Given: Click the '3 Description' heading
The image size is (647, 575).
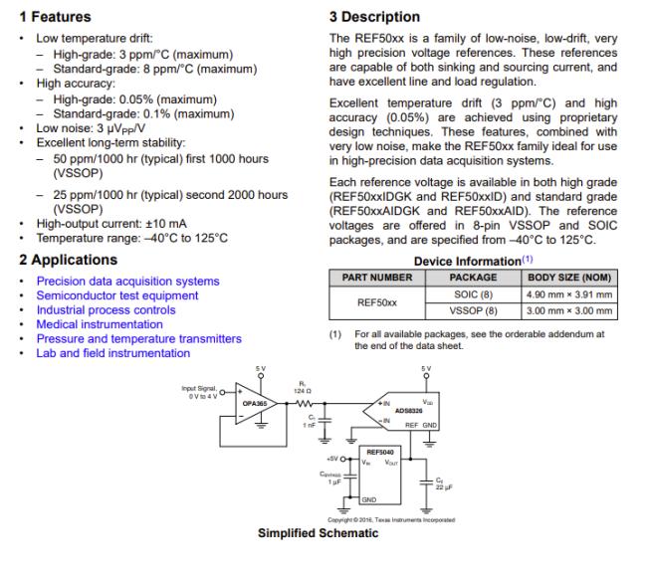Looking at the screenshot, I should click(374, 17).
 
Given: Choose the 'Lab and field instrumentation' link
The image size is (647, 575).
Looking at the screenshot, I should click(113, 353).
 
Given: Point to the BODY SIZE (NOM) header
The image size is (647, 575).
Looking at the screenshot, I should click(569, 278).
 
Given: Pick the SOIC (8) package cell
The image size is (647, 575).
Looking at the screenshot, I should click(473, 295).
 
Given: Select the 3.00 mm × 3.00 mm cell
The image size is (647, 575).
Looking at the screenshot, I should click(569, 310).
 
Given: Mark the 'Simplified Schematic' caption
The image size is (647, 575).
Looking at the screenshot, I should click(318, 533).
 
